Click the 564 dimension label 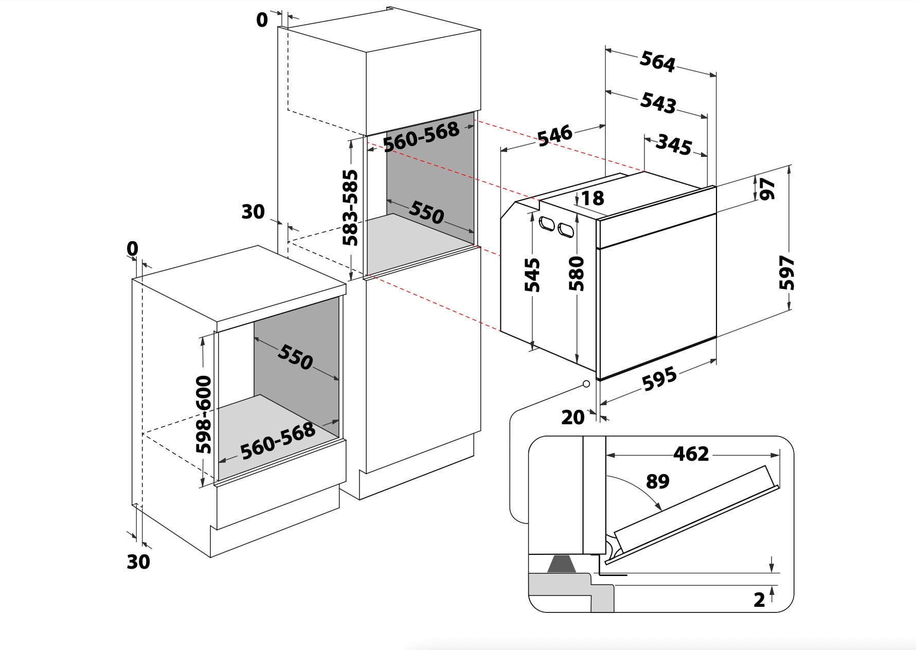pyautogui.click(x=657, y=62)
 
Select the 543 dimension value pyautogui.click(x=658, y=102)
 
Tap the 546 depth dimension pyautogui.click(x=554, y=135)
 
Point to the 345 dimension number pyautogui.click(x=673, y=145)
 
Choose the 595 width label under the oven pyautogui.click(x=659, y=378)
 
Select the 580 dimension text pyautogui.click(x=577, y=273)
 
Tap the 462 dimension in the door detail pyautogui.click(x=691, y=454)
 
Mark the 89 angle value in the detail pyautogui.click(x=657, y=481)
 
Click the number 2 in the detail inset pyautogui.click(x=759, y=600)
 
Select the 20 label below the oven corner pyautogui.click(x=572, y=417)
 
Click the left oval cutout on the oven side pyautogui.click(x=546, y=224)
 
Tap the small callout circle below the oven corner pyautogui.click(x=586, y=384)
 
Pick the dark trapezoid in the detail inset pyautogui.click(x=561, y=565)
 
